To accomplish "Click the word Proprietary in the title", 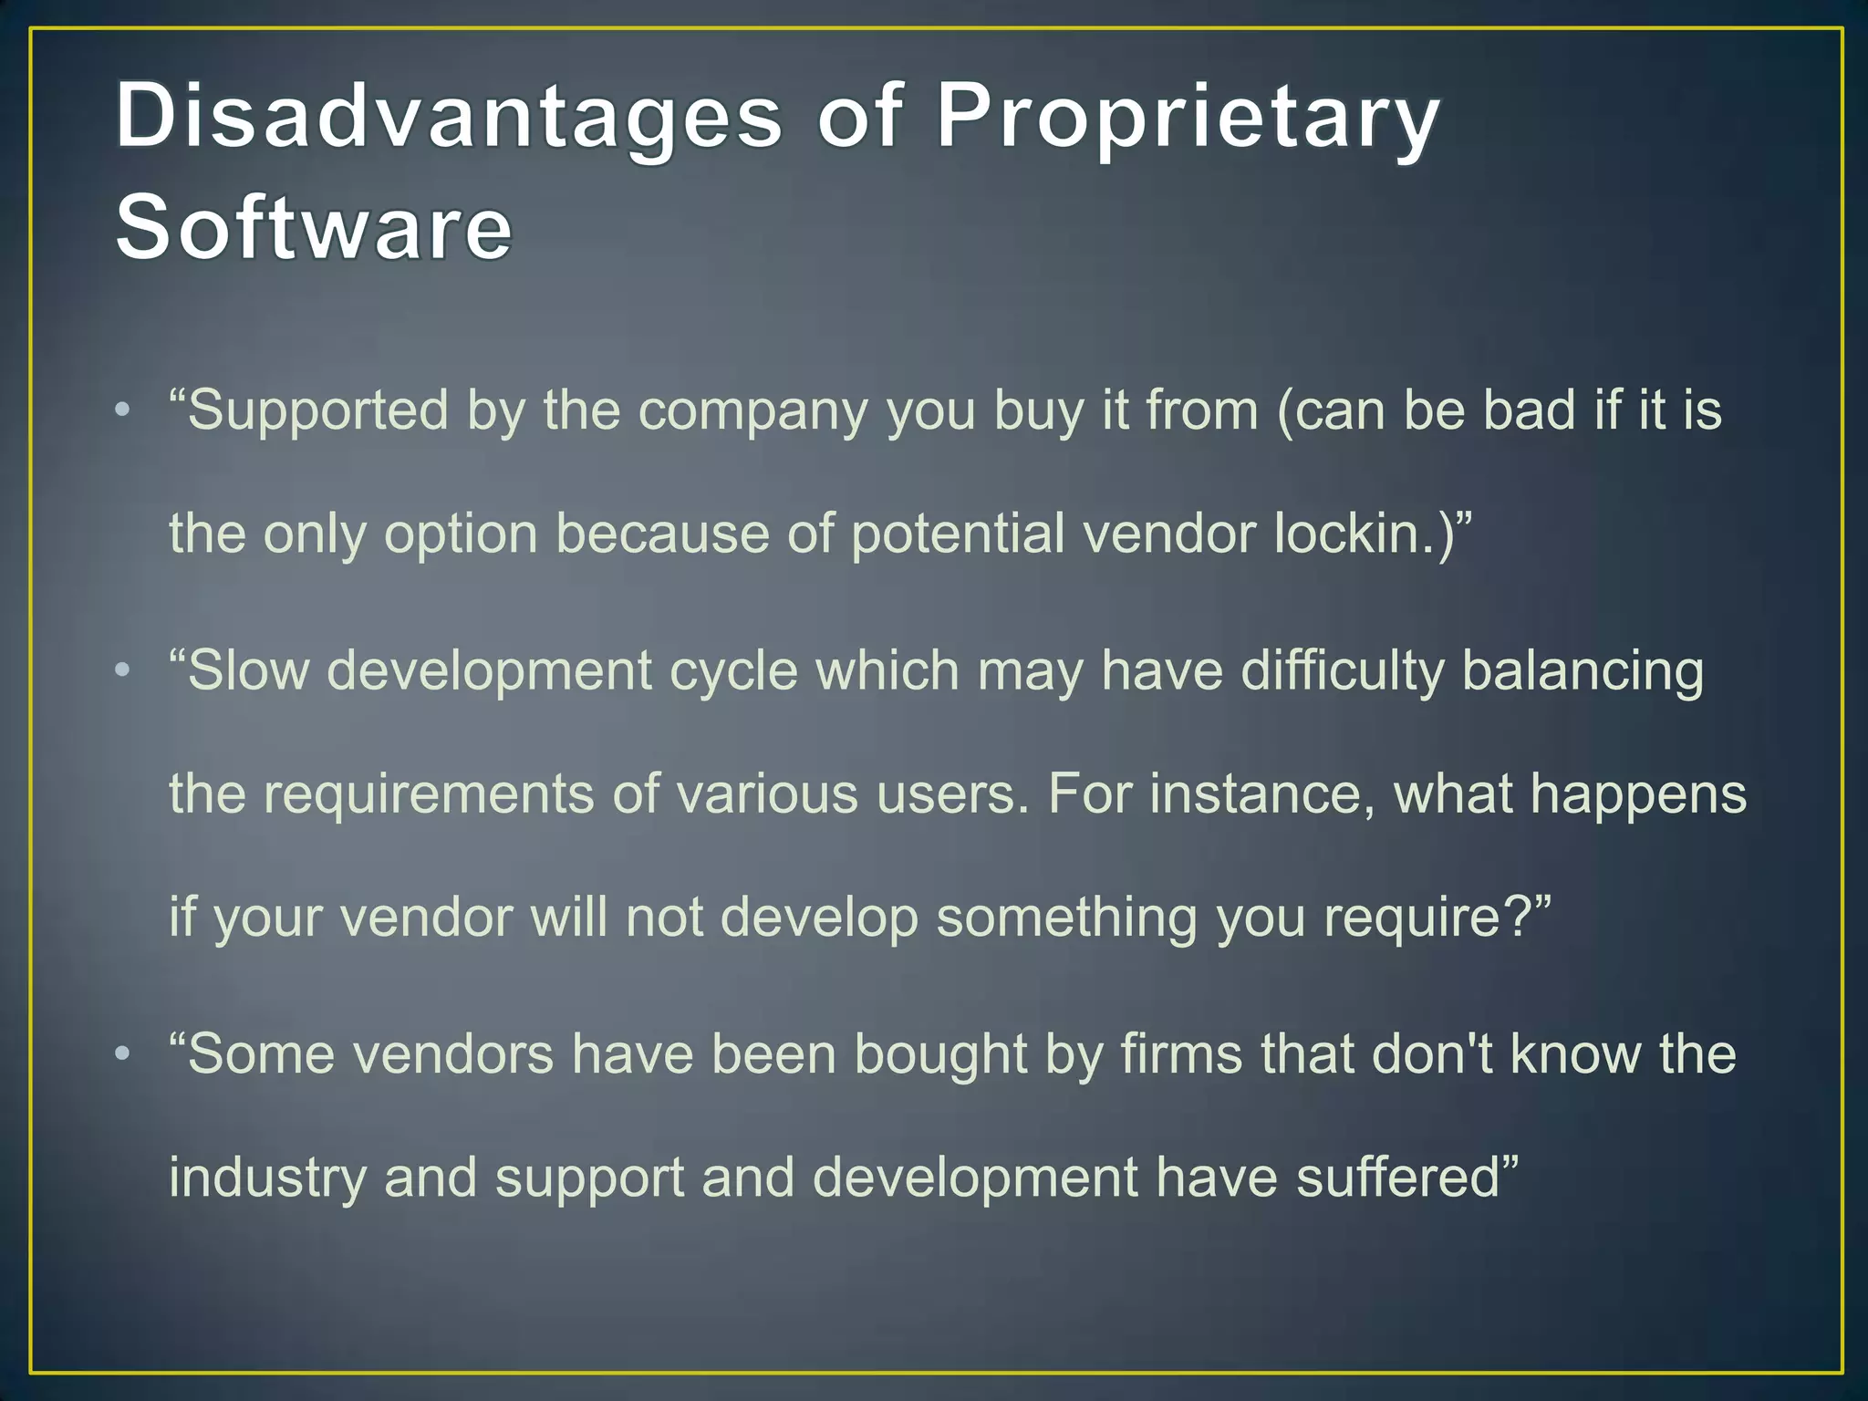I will (x=1188, y=117).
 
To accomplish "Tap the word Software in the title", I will (x=314, y=228).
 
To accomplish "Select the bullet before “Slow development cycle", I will (x=123, y=671).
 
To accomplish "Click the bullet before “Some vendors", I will (x=123, y=1054).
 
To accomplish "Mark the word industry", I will (x=267, y=1178).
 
